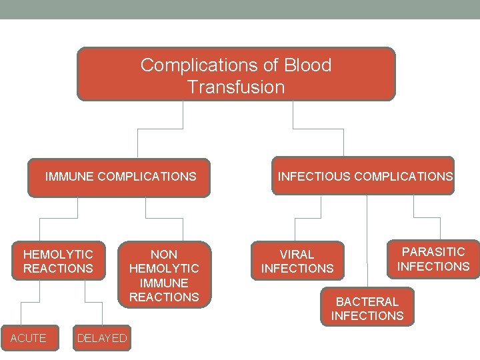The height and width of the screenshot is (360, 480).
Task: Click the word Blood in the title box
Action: click(307, 65)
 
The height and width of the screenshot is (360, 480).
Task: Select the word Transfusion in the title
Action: click(236, 87)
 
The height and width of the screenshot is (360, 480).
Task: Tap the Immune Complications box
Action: click(119, 177)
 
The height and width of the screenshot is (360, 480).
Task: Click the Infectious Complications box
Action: click(363, 177)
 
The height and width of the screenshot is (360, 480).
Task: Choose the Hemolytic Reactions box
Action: click(58, 261)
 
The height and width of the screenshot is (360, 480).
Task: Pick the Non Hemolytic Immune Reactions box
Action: click(164, 275)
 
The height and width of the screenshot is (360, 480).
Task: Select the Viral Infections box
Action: click(297, 261)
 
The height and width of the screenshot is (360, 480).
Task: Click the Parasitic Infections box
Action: click(433, 259)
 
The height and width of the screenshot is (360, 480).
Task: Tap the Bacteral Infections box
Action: click(367, 308)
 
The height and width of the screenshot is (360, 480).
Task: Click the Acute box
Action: click(29, 338)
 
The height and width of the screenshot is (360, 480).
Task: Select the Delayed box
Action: click(102, 338)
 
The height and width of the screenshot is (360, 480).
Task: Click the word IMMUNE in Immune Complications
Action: click(69, 177)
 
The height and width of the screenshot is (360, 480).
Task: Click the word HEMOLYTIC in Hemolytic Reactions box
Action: click(58, 254)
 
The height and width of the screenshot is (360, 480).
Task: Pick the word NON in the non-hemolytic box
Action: click(164, 254)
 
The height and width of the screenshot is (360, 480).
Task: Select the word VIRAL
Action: click(297, 254)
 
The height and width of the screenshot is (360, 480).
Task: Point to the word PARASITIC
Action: click(433, 251)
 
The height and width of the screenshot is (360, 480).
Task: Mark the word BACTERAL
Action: click(367, 301)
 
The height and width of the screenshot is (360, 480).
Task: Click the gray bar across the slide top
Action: click(240, 9)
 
